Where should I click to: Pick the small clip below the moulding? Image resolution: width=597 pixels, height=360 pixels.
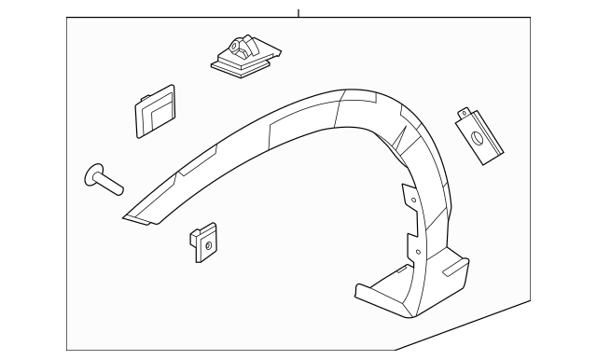pos(205,243)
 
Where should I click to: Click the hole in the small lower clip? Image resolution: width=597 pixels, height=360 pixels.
pos(209,246)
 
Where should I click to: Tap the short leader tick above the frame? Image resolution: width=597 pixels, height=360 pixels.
pos(298,13)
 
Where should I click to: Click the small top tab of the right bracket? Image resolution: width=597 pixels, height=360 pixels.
pos(464,113)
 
